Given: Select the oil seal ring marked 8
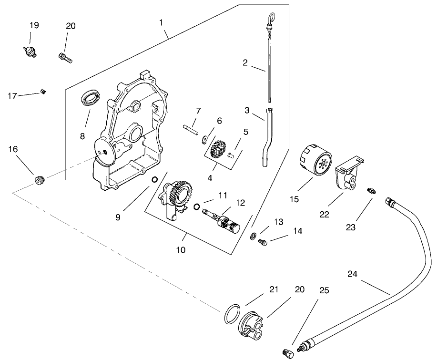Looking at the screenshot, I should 91,97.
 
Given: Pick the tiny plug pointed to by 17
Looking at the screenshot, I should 43,91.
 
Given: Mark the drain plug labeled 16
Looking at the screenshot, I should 40,180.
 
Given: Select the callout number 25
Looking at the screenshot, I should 324,290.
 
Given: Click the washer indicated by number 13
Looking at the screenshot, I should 254,235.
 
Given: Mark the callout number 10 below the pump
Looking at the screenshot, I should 181,249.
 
